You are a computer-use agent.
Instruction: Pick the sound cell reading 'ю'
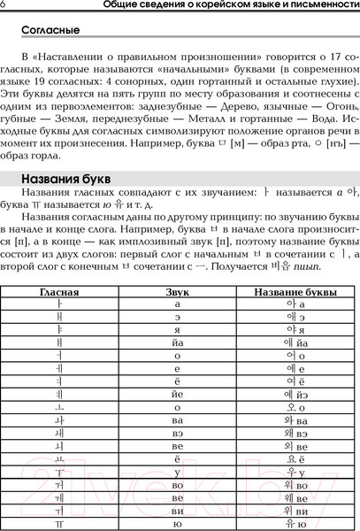(178, 524)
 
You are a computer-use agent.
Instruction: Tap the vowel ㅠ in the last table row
(60, 524)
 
